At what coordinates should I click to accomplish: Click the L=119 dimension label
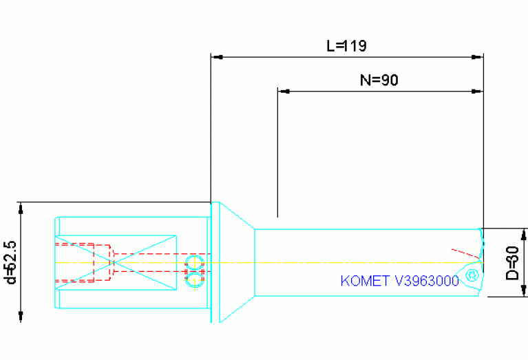[346, 46]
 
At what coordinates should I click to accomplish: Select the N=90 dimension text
[379, 80]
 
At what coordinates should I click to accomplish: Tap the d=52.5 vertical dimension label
[10, 262]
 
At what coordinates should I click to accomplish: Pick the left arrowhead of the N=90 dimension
[282, 91]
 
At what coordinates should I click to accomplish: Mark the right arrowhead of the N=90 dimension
[477, 91]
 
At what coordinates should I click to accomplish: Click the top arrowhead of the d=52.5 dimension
[21, 207]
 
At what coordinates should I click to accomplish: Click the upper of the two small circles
[195, 262]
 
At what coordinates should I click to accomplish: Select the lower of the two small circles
[195, 278]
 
